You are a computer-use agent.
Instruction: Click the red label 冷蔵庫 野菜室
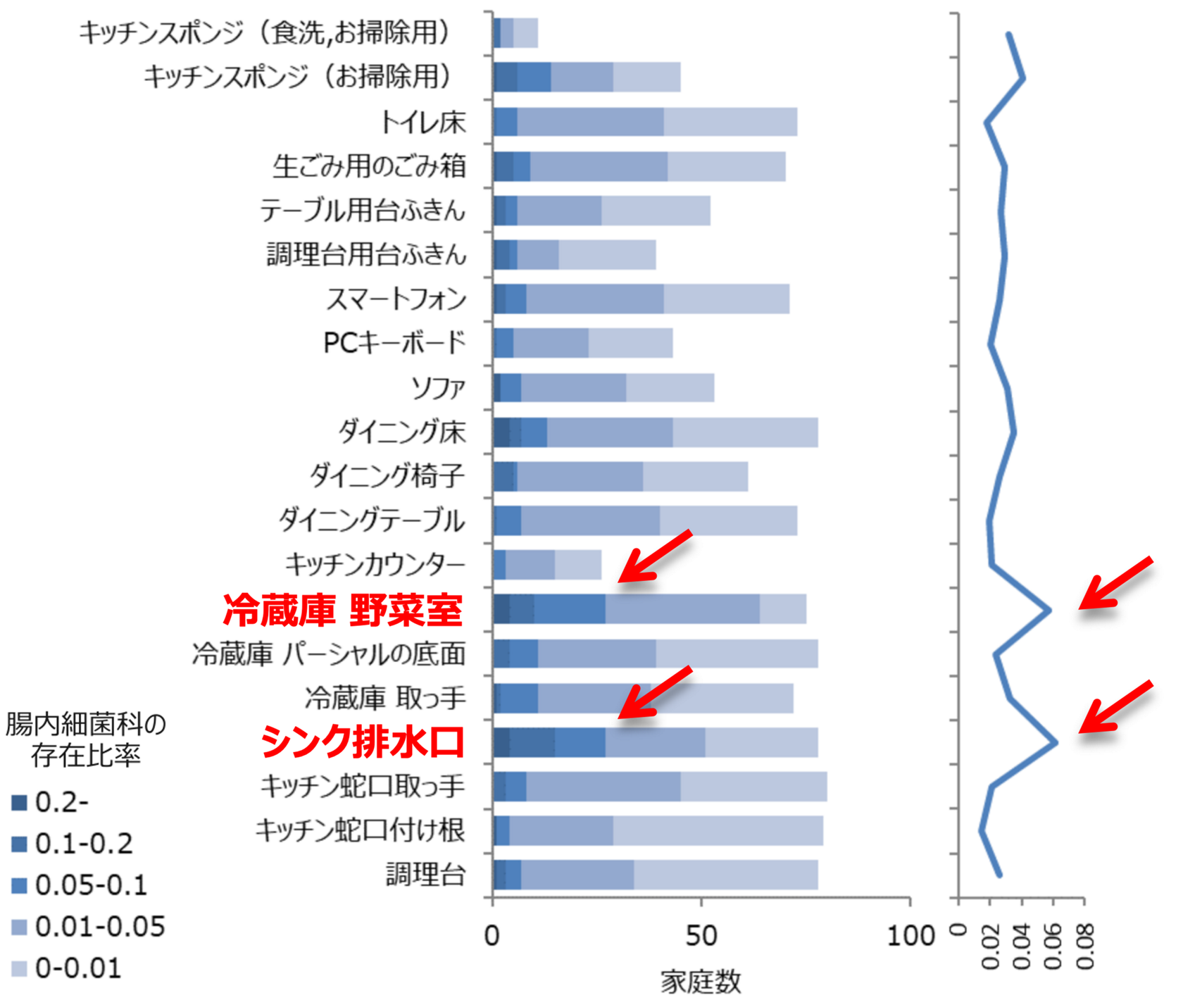tap(343, 610)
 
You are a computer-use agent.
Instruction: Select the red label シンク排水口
tap(363, 742)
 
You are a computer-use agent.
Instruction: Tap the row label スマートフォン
tap(396, 299)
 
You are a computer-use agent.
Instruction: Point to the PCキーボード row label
tap(394, 343)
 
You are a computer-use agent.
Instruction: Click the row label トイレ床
tap(423, 123)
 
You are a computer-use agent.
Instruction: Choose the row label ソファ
tap(438, 387)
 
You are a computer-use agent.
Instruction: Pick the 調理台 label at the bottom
tap(425, 875)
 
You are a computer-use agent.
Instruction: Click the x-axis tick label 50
tap(701, 936)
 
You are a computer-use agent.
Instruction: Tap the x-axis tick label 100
tap(910, 936)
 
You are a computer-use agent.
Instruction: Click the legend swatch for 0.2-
tap(19, 802)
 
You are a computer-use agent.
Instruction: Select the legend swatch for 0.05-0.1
tap(19, 885)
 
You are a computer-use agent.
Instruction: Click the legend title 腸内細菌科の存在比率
tap(85, 739)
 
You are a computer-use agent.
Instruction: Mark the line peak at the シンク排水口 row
tap(1056, 742)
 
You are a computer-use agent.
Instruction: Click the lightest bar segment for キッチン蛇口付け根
tap(718, 831)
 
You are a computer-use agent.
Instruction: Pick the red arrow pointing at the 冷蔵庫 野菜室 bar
tap(655, 556)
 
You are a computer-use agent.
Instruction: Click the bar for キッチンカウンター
tap(547, 565)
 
